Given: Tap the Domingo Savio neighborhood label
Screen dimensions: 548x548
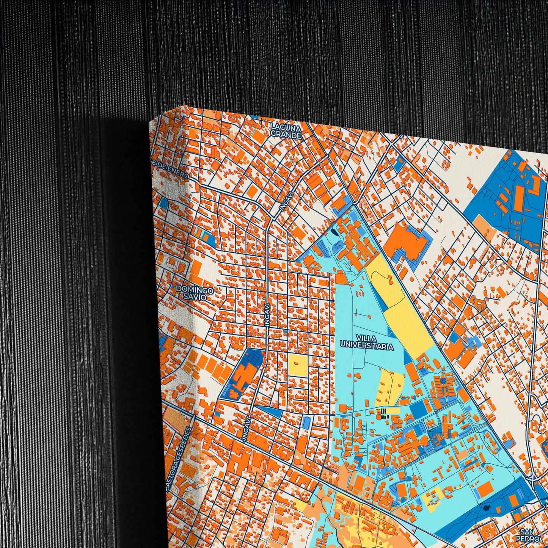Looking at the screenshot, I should [x=194, y=293].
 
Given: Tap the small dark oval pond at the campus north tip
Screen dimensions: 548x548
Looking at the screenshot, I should [x=333, y=232].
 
